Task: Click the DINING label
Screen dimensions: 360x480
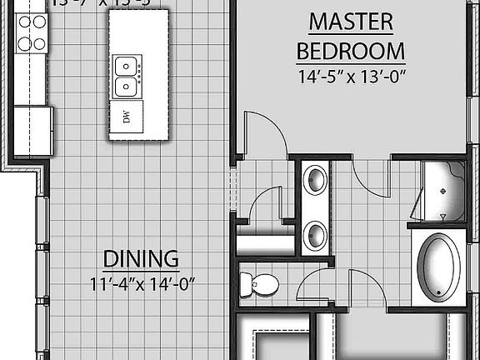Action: tap(141, 257)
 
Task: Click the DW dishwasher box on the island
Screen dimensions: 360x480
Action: tap(127, 117)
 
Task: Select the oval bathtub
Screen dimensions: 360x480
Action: tap(438, 266)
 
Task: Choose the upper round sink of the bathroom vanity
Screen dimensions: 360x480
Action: tap(315, 180)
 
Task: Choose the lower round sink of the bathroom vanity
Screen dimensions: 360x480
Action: tap(315, 235)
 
